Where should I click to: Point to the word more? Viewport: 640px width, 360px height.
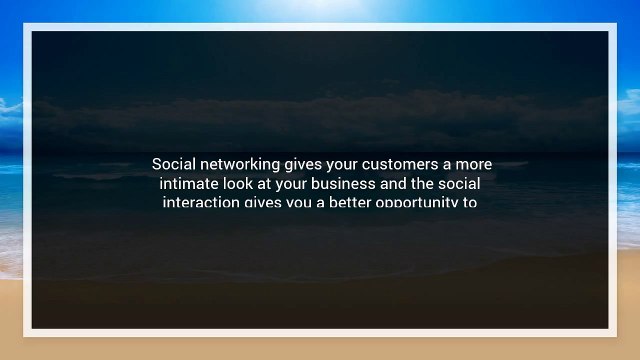tap(474, 163)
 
